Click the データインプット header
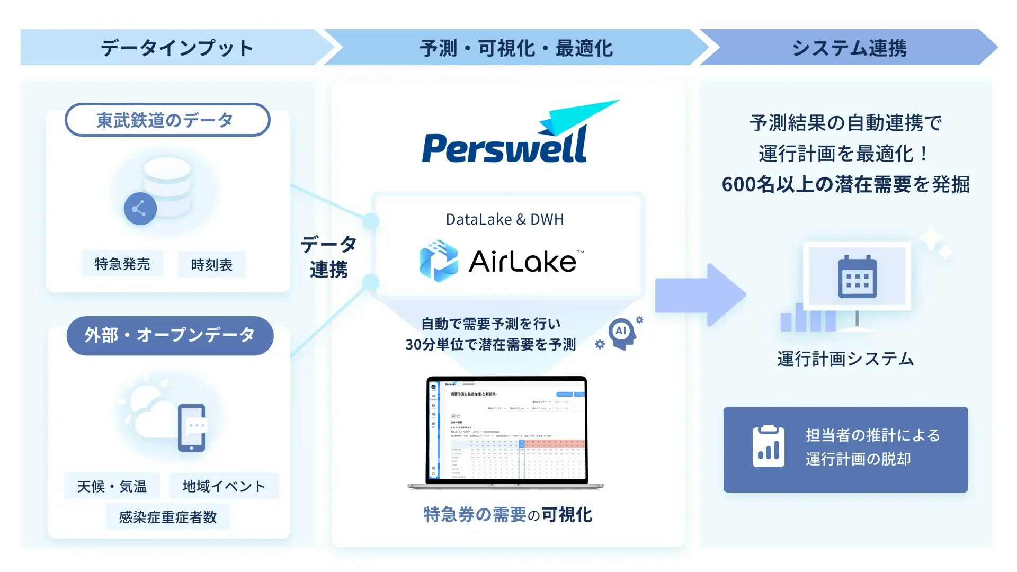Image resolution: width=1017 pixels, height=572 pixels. tap(177, 48)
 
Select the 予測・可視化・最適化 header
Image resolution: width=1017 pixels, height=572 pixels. tap(516, 48)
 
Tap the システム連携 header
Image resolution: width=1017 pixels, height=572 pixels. tap(849, 48)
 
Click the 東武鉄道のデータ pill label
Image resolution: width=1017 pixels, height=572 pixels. tap(167, 120)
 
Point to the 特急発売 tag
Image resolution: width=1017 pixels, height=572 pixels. tap(122, 264)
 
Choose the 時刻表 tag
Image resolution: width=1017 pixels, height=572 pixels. tap(211, 265)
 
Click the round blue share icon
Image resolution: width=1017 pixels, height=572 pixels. tap(140, 209)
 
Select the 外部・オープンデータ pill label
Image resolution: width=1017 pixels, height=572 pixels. tap(169, 335)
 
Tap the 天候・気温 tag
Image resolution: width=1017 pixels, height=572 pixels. tap(112, 486)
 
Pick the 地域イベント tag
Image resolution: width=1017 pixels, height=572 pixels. tap(224, 486)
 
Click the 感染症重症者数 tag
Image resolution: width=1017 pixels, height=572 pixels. tap(167, 517)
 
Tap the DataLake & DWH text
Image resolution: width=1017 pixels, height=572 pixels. tap(505, 219)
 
